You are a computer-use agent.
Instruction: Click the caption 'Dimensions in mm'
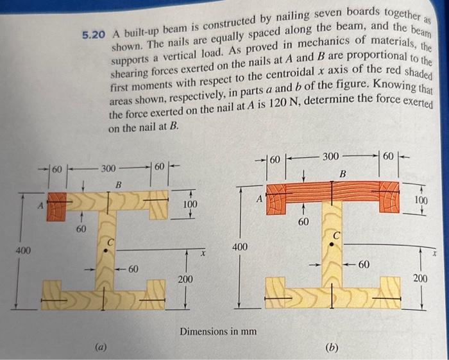pos(218,332)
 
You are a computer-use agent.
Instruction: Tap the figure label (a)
pos(100,347)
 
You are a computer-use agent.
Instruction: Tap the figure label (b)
pos(332,348)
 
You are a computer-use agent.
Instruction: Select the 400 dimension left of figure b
pos(239,246)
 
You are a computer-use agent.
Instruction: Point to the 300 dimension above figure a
pos(108,169)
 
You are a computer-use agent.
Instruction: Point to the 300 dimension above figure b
pos(330,156)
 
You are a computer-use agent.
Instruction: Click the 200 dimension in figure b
pos(421,279)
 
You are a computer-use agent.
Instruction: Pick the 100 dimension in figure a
pos(191,204)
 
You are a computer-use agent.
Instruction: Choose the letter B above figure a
pos(118,185)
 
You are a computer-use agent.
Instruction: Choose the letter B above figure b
pos(342,173)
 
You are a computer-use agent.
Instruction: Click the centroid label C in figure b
pos(336,236)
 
